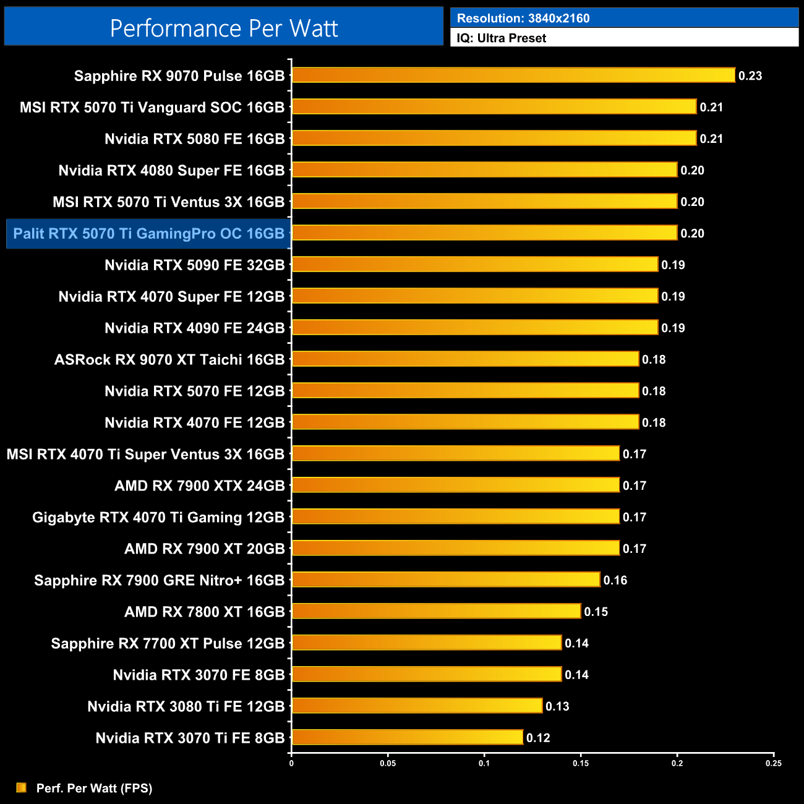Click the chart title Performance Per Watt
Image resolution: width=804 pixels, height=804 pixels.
coord(224,28)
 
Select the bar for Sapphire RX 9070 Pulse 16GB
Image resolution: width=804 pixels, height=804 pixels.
coord(513,75)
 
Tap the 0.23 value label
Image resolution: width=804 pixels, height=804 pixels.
coord(750,76)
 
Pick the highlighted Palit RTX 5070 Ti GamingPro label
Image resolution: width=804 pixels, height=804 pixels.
coord(148,234)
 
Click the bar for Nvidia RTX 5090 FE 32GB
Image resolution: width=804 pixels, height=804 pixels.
coord(474,265)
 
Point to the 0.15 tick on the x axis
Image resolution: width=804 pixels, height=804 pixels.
coord(581,763)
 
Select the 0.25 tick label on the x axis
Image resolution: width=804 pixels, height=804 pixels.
coord(773,763)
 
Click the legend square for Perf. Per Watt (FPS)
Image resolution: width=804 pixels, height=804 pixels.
coord(22,787)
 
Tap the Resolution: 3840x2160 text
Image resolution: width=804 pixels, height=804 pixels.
coord(523,19)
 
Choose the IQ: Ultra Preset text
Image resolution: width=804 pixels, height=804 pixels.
coord(502,38)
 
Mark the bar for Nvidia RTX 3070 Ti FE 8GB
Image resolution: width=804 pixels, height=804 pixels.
coord(407,737)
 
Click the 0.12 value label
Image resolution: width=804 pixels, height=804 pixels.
coord(538,738)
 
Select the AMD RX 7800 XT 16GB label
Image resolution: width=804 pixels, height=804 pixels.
coord(204,612)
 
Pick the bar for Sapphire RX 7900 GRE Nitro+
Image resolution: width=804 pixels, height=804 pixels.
coord(445,579)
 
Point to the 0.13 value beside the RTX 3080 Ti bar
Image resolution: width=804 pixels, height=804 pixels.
coord(557,706)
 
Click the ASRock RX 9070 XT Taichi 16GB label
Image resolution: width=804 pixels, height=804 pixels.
coord(169,360)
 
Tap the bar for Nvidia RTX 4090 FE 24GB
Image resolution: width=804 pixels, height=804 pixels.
coord(474,328)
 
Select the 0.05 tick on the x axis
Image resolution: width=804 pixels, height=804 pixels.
coord(388,763)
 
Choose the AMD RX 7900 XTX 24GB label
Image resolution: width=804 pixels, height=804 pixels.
coord(199,486)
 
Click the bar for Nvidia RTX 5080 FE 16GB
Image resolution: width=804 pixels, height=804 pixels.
coord(494,139)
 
